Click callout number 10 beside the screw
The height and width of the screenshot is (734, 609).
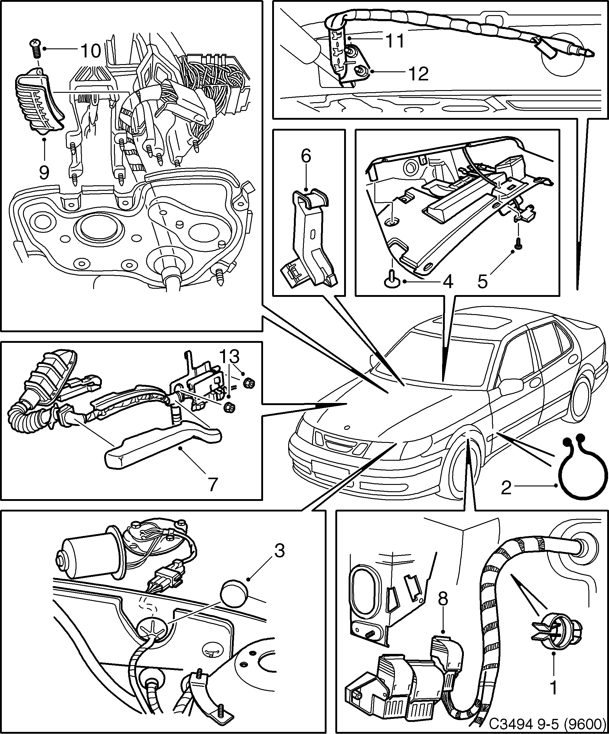[x=90, y=51]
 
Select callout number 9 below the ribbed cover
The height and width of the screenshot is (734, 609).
[x=44, y=172]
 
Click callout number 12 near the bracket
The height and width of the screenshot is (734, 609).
[x=418, y=74]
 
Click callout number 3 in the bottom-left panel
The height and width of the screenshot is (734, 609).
[x=279, y=551]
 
